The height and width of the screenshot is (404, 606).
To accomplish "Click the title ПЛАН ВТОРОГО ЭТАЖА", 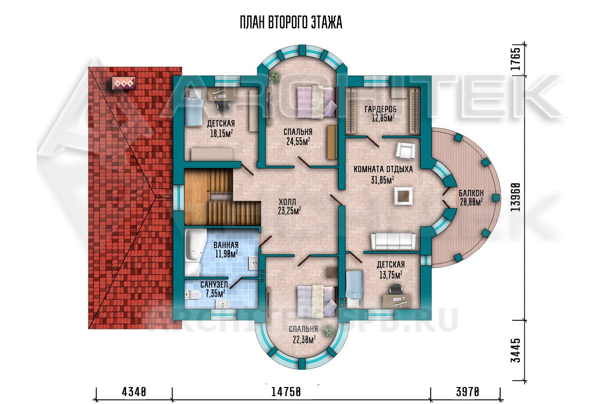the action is (291, 22).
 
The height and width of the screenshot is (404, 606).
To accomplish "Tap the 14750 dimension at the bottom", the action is (286, 391).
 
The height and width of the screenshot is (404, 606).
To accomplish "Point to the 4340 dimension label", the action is (134, 391).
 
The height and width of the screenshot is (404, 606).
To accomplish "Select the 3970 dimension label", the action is (467, 391).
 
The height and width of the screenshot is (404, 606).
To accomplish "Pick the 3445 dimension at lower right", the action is (516, 350).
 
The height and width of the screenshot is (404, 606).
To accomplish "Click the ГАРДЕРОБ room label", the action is (381, 109).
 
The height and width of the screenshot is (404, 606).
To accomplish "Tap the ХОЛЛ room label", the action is (287, 202).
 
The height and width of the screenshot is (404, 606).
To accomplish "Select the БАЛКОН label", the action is (471, 193).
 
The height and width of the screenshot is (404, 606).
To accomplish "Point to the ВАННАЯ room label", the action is (226, 245).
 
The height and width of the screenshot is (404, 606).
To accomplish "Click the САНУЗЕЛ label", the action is (214, 285).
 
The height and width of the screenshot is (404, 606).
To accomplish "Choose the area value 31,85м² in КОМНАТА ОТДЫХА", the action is (382, 180).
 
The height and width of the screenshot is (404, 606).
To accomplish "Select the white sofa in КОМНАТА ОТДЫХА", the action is (393, 241).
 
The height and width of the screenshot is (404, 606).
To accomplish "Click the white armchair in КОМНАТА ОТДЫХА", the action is (405, 151).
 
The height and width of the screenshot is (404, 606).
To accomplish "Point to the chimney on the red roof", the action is (124, 83).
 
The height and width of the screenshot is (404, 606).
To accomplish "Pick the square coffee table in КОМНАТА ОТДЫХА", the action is (403, 196).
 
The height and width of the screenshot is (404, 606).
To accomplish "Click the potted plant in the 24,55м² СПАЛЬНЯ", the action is (275, 77).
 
